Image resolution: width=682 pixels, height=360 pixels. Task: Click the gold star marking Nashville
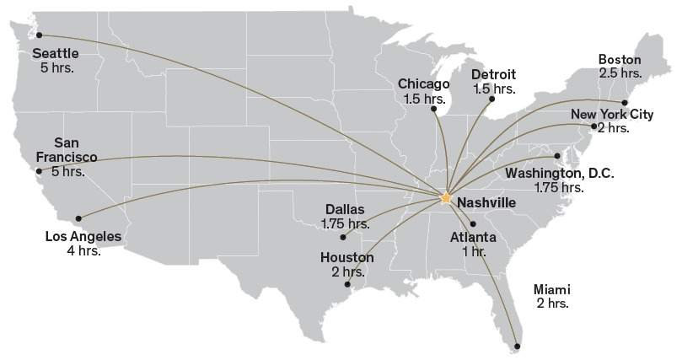[445, 198]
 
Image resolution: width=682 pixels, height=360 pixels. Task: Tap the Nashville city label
[488, 203]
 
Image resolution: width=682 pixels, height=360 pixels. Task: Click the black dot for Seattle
[39, 35]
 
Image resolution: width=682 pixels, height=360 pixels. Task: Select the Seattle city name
[56, 53]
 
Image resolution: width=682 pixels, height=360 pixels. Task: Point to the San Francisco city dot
[38, 170]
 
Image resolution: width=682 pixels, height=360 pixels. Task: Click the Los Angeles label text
[83, 237]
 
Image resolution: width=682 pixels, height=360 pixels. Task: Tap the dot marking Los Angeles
[78, 218]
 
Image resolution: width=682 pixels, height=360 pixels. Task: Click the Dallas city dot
[342, 237]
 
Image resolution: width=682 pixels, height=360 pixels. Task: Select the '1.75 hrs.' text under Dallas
[345, 223]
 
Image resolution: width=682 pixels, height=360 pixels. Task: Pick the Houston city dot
[347, 284]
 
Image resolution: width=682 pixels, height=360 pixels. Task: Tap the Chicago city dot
[433, 109]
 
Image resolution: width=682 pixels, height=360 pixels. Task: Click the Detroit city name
[493, 75]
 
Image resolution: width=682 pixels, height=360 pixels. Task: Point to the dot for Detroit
[491, 98]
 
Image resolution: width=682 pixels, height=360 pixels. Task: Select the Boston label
[620, 60]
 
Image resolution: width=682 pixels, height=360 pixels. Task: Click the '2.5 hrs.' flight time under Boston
[620, 73]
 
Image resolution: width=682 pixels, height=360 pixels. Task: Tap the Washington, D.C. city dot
[558, 156]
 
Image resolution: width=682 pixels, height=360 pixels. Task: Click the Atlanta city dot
[472, 223]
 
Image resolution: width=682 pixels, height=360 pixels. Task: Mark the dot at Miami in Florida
[518, 347]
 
